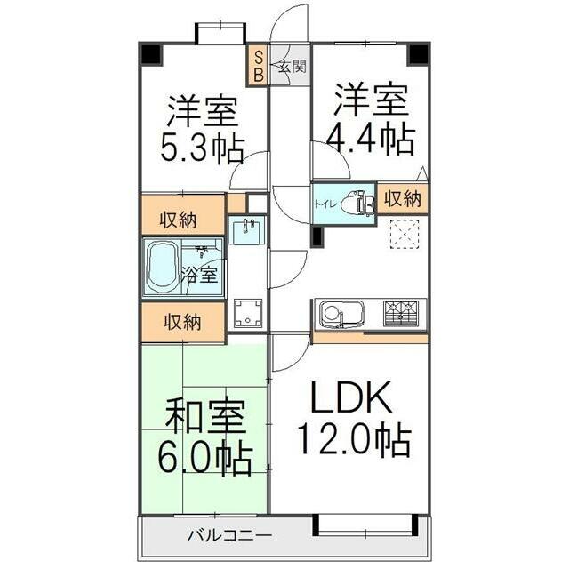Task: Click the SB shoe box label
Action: (258, 66)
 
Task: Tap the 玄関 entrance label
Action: (292, 68)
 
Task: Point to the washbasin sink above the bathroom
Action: (246, 230)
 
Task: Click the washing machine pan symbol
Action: (248, 313)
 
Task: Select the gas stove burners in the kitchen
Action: (401, 312)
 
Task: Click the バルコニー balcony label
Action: (230, 535)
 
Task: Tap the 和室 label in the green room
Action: (205, 416)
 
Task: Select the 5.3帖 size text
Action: (202, 148)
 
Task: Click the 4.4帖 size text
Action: (371, 140)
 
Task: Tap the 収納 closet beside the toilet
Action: (403, 198)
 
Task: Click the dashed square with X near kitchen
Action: (404, 234)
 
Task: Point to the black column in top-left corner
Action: (150, 54)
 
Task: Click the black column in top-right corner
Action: (419, 54)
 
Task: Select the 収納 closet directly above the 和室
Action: (183, 322)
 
